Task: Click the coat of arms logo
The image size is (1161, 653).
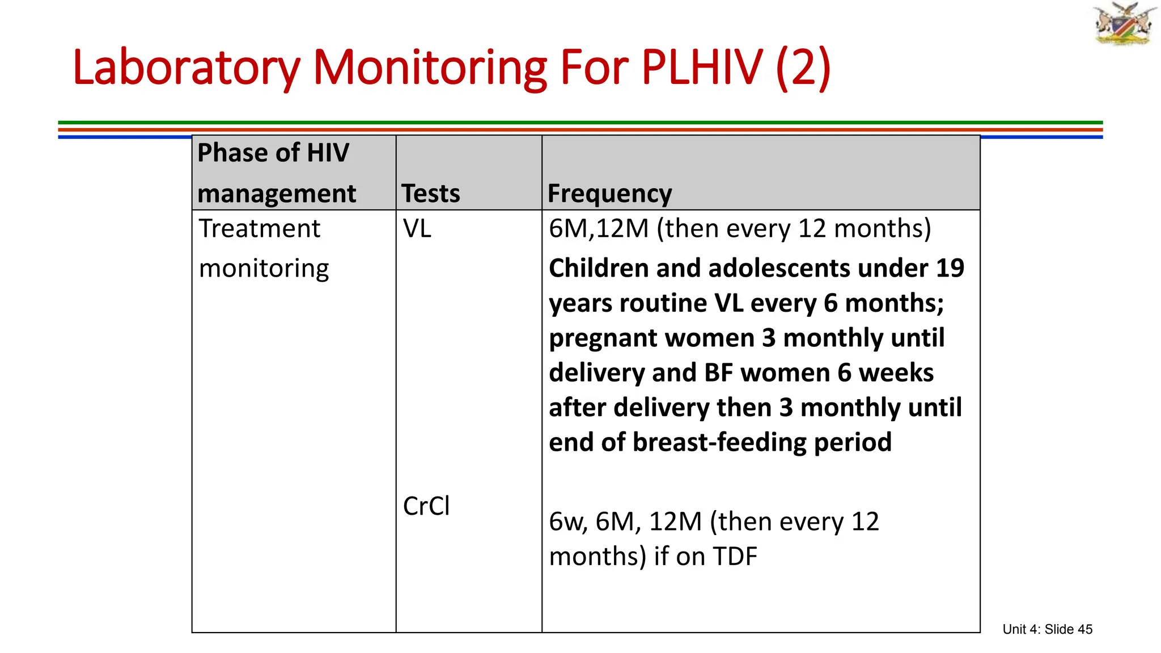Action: [1124, 24]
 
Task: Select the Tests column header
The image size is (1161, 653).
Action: [431, 194]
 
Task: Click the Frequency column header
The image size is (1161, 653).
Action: [609, 194]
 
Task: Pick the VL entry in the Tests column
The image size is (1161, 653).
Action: [417, 229]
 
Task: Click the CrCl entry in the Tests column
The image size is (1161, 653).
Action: [426, 506]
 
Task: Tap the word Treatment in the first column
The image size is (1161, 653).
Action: [260, 229]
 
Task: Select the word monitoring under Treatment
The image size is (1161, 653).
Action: [264, 269]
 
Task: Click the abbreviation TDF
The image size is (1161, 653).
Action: [735, 557]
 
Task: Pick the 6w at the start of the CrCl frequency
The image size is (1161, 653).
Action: [568, 522]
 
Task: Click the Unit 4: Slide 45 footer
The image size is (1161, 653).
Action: [1047, 629]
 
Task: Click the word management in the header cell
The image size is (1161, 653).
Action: [277, 194]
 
